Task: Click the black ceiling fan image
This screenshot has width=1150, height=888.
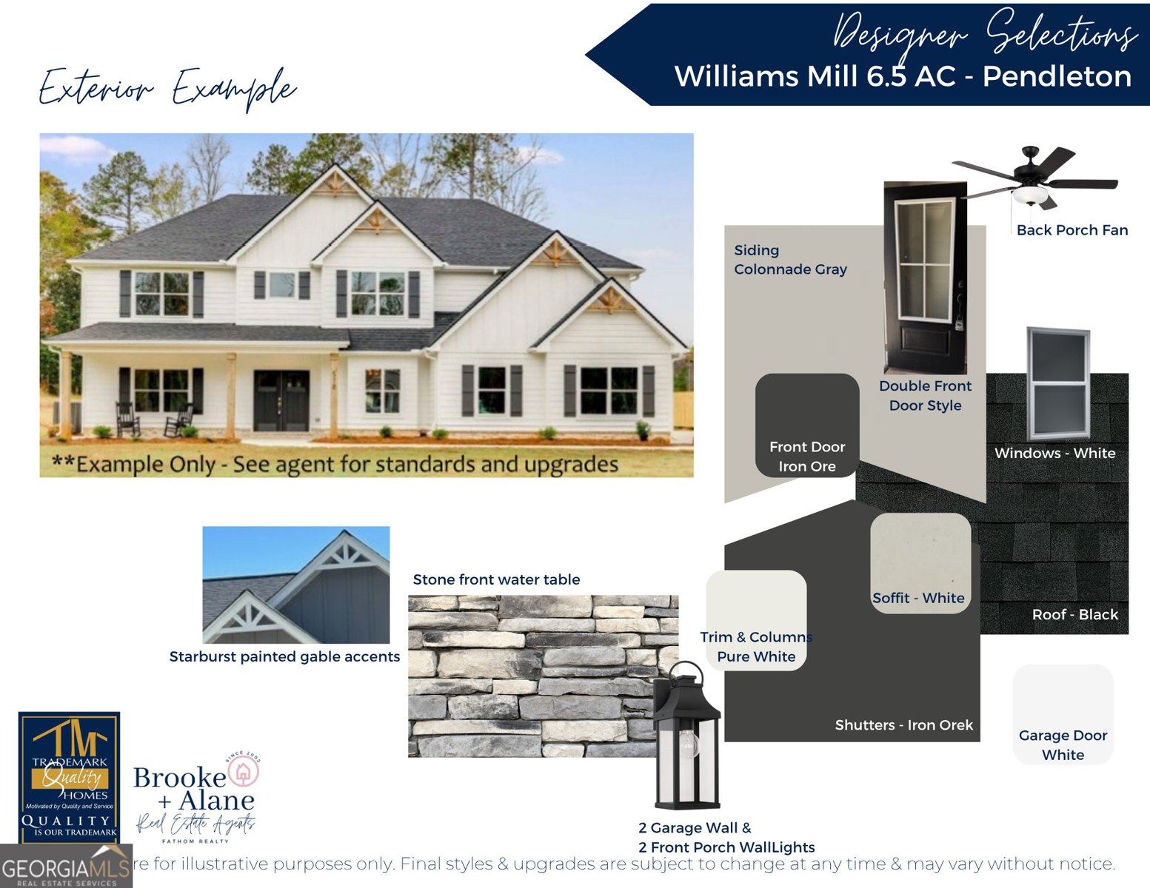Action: pyautogui.click(x=1035, y=178)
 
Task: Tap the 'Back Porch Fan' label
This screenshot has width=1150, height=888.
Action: pyautogui.click(x=1072, y=230)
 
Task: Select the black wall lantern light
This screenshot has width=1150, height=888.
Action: pyautogui.click(x=686, y=736)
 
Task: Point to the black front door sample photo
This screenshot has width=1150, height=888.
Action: pyautogui.click(x=925, y=277)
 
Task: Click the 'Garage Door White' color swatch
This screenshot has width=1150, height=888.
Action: pyautogui.click(x=1063, y=713)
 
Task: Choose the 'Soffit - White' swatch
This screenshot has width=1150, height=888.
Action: pyautogui.click(x=920, y=562)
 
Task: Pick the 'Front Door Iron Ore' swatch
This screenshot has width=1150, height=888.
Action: pyautogui.click(x=806, y=425)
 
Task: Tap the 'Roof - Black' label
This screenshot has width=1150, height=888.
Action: pyautogui.click(x=1074, y=614)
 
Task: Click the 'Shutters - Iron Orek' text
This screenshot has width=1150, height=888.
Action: pyautogui.click(x=903, y=725)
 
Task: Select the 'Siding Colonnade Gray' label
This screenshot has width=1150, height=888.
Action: pyautogui.click(x=789, y=260)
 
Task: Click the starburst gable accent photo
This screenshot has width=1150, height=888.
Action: pyautogui.click(x=295, y=585)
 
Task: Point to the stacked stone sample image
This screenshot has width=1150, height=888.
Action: pyautogui.click(x=533, y=675)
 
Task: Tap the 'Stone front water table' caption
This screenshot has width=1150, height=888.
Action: pyautogui.click(x=496, y=579)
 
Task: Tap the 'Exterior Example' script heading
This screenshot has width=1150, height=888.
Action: pyautogui.click(x=167, y=89)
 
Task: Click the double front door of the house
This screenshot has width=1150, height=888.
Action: pyautogui.click(x=281, y=400)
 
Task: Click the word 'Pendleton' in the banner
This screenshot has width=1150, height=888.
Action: pyautogui.click(x=1057, y=77)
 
